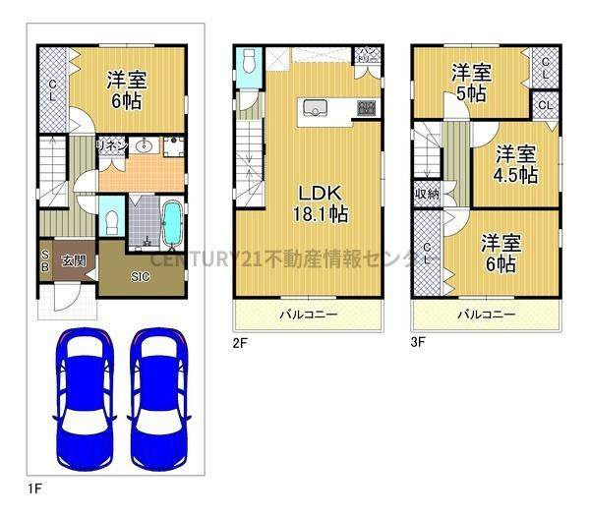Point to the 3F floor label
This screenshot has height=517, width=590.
tap(418, 343)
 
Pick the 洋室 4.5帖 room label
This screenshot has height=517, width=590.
tap(514, 164)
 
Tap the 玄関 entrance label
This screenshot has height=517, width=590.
tap(73, 260)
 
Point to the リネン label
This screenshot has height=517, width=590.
tap(110, 145)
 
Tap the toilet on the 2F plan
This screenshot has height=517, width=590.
tap(246, 64)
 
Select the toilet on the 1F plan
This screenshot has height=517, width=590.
tap(111, 217)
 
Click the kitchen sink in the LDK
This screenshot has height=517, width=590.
tap(317, 107)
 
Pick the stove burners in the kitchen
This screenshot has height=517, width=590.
tap(367, 107)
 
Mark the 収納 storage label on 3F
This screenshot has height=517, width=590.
tap(426, 194)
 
